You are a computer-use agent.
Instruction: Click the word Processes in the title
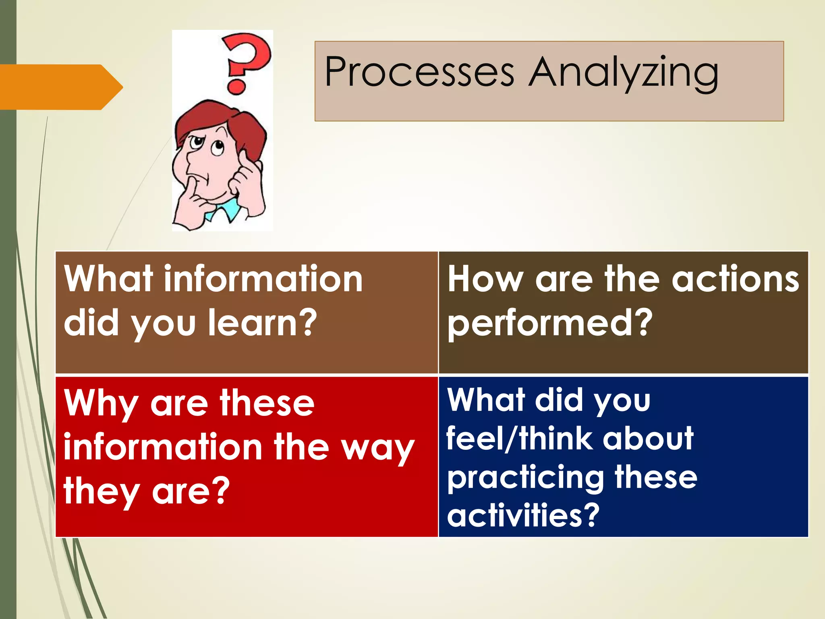click(x=419, y=73)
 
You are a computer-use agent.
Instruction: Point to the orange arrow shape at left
click(x=60, y=87)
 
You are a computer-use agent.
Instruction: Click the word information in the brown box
click(x=263, y=279)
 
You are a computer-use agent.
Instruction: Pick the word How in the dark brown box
click(x=485, y=279)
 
